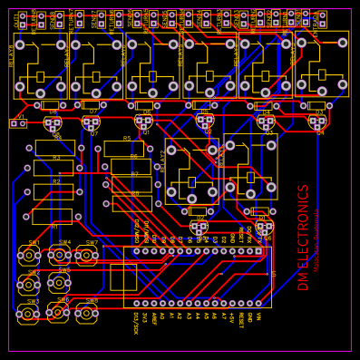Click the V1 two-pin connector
tap(18, 122)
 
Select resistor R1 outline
tap(52, 216)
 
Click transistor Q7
tap(92, 122)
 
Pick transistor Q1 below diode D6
tap(144, 122)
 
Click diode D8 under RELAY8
tap(52, 105)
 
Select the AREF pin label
tap(154, 318)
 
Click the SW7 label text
tap(92, 243)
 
